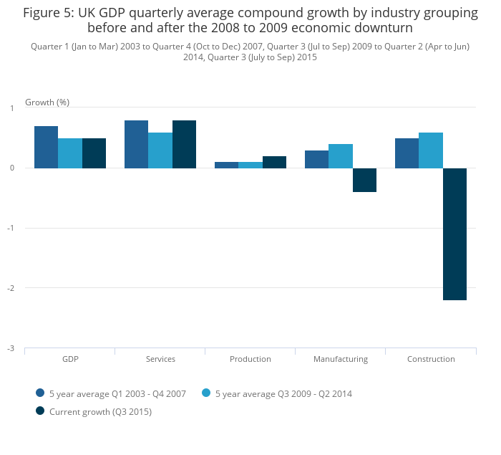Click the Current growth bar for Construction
[454, 234]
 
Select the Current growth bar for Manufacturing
[364, 180]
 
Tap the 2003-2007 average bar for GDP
[47, 147]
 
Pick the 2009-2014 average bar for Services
[160, 150]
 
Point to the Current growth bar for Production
[274, 163]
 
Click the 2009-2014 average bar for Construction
[431, 150]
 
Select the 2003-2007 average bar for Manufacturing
[316, 159]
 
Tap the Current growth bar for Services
[184, 144]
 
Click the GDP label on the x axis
[70, 359]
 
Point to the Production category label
[250, 359]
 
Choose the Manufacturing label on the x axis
[341, 359]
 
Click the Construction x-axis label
[431, 359]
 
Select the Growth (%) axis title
[47, 102]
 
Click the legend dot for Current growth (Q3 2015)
[40, 411]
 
